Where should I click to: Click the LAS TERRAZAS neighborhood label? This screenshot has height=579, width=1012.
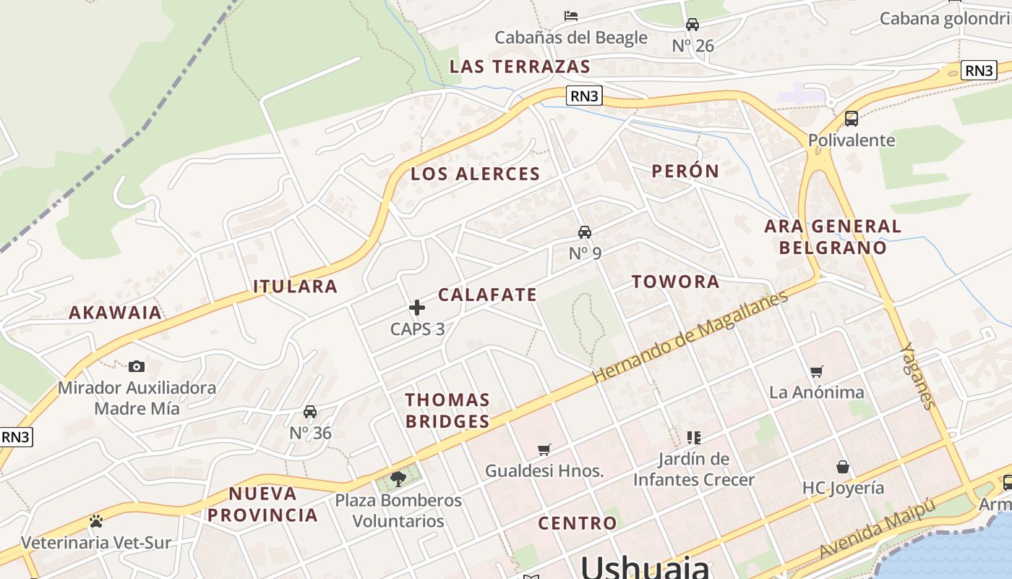tap(520, 67)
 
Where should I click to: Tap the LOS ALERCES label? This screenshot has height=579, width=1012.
tap(475, 174)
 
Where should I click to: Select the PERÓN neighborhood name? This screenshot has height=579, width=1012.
tap(685, 172)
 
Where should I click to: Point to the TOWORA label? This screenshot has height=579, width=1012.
tap(676, 282)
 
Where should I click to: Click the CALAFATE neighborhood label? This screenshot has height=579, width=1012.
tap(487, 295)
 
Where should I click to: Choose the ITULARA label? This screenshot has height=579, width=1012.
tap(295, 287)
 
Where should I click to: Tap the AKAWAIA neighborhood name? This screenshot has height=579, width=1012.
tap(115, 313)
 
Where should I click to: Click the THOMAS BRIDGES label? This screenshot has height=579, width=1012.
tap(447, 410)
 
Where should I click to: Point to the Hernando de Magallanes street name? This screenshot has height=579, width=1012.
tap(690, 337)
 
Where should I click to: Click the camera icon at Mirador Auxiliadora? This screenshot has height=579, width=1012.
tap(136, 367)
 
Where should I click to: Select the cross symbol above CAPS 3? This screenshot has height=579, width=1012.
tap(417, 308)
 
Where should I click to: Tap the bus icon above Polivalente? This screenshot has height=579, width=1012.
tap(852, 119)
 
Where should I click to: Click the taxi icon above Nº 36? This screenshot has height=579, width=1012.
tap(310, 412)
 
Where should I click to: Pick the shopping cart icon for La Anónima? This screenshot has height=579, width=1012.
tap(817, 371)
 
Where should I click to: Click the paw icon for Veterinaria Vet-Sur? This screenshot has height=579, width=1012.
tap(95, 521)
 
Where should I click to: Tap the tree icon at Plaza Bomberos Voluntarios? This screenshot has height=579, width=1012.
tap(398, 478)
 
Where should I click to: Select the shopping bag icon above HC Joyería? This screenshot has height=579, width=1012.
tap(843, 467)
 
